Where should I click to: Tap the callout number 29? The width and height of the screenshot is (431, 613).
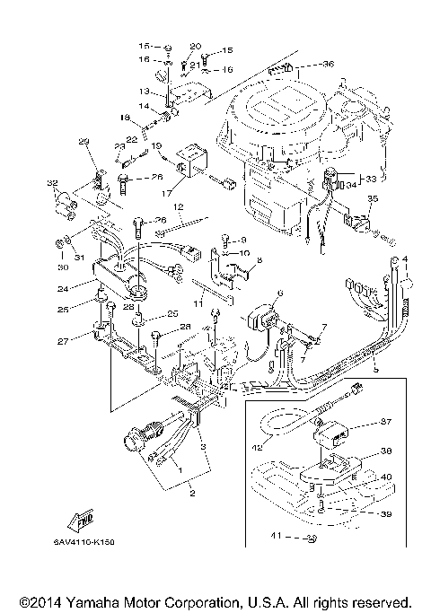coord(84,142)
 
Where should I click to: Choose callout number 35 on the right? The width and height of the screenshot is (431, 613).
coord(373,198)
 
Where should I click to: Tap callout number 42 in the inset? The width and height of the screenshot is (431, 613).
coord(257,439)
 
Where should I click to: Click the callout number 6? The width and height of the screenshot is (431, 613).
coord(279,293)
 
